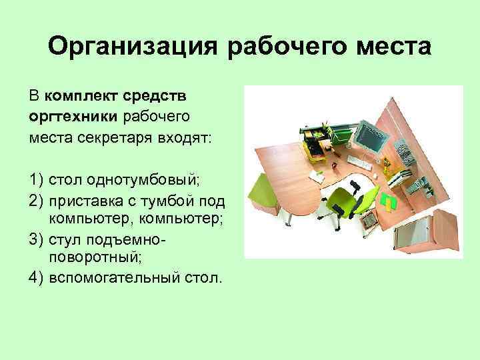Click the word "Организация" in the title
point(134,48)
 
